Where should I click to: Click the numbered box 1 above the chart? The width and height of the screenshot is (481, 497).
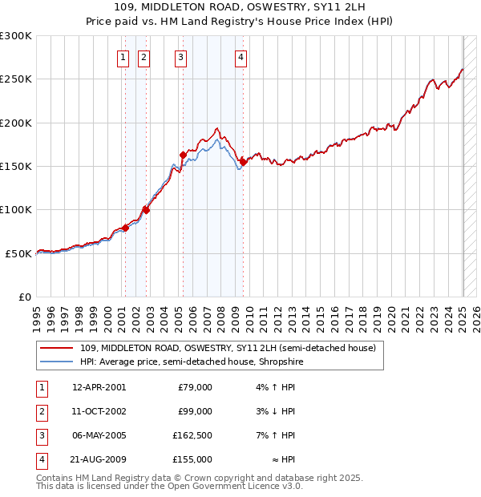pyautogui.click(x=123, y=57)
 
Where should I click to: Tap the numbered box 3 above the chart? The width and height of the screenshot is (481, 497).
pyautogui.click(x=181, y=57)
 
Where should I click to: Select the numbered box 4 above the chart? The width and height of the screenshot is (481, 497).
pyautogui.click(x=240, y=57)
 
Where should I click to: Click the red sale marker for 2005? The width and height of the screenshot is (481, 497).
pyautogui.click(x=183, y=156)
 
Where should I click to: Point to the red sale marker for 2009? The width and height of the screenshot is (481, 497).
pyautogui.click(x=243, y=162)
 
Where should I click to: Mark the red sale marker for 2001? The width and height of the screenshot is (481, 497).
pyautogui.click(x=125, y=228)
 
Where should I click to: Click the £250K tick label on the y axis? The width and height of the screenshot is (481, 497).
pyautogui.click(x=16, y=79)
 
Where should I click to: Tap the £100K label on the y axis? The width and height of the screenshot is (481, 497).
pyautogui.click(x=16, y=209)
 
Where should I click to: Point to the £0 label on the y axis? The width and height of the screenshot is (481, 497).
pyautogui.click(x=24, y=297)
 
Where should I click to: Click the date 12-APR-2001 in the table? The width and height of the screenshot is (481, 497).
pyautogui.click(x=99, y=387)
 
